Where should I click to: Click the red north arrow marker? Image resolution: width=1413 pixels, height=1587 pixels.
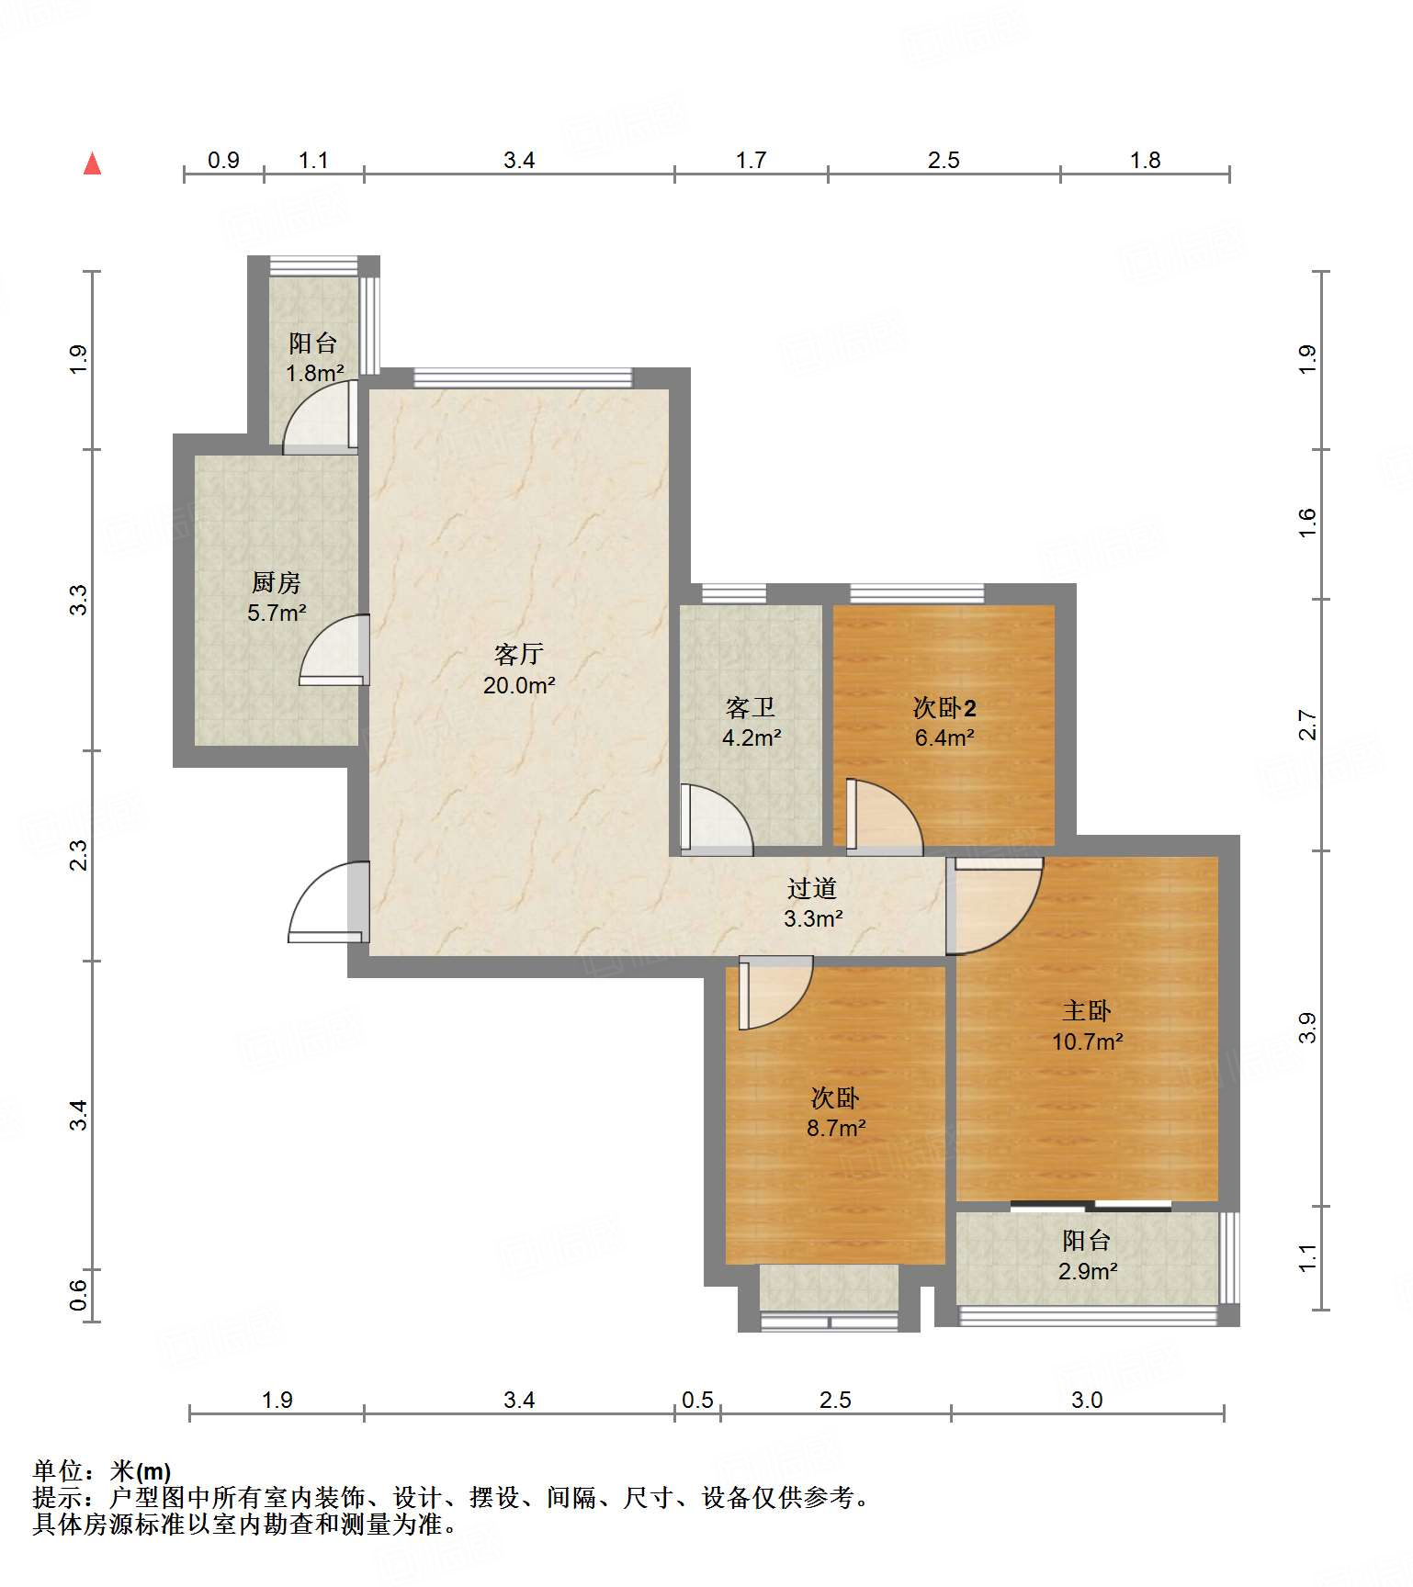pos(92,163)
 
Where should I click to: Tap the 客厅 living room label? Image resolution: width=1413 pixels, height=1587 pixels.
pos(519,654)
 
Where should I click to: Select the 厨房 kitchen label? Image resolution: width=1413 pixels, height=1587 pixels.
pos(276,582)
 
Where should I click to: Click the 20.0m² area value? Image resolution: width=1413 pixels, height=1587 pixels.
pos(519,685)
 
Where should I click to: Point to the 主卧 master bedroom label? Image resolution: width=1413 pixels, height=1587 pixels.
pos(1087,1011)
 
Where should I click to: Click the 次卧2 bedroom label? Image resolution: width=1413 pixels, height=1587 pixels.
pos(944,707)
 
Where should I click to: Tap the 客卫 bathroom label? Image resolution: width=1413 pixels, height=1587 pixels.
pos(751,707)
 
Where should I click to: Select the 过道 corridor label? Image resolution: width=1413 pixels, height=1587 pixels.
pos(812,888)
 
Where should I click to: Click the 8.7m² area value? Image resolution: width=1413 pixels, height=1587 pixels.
pos(836,1128)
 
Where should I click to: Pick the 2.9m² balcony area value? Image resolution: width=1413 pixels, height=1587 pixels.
pos(1088,1271)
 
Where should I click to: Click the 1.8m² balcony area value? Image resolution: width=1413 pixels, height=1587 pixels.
pos(314,373)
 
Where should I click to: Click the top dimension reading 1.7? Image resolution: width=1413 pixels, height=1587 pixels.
pos(751,161)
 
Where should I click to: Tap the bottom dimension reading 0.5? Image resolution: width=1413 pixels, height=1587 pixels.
pos(697,1400)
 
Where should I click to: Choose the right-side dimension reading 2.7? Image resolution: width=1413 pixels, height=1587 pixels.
pos(1307,726)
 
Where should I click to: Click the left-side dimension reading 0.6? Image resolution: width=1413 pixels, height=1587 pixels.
pos(78,1296)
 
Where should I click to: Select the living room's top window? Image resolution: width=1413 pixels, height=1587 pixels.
pos(523,377)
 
